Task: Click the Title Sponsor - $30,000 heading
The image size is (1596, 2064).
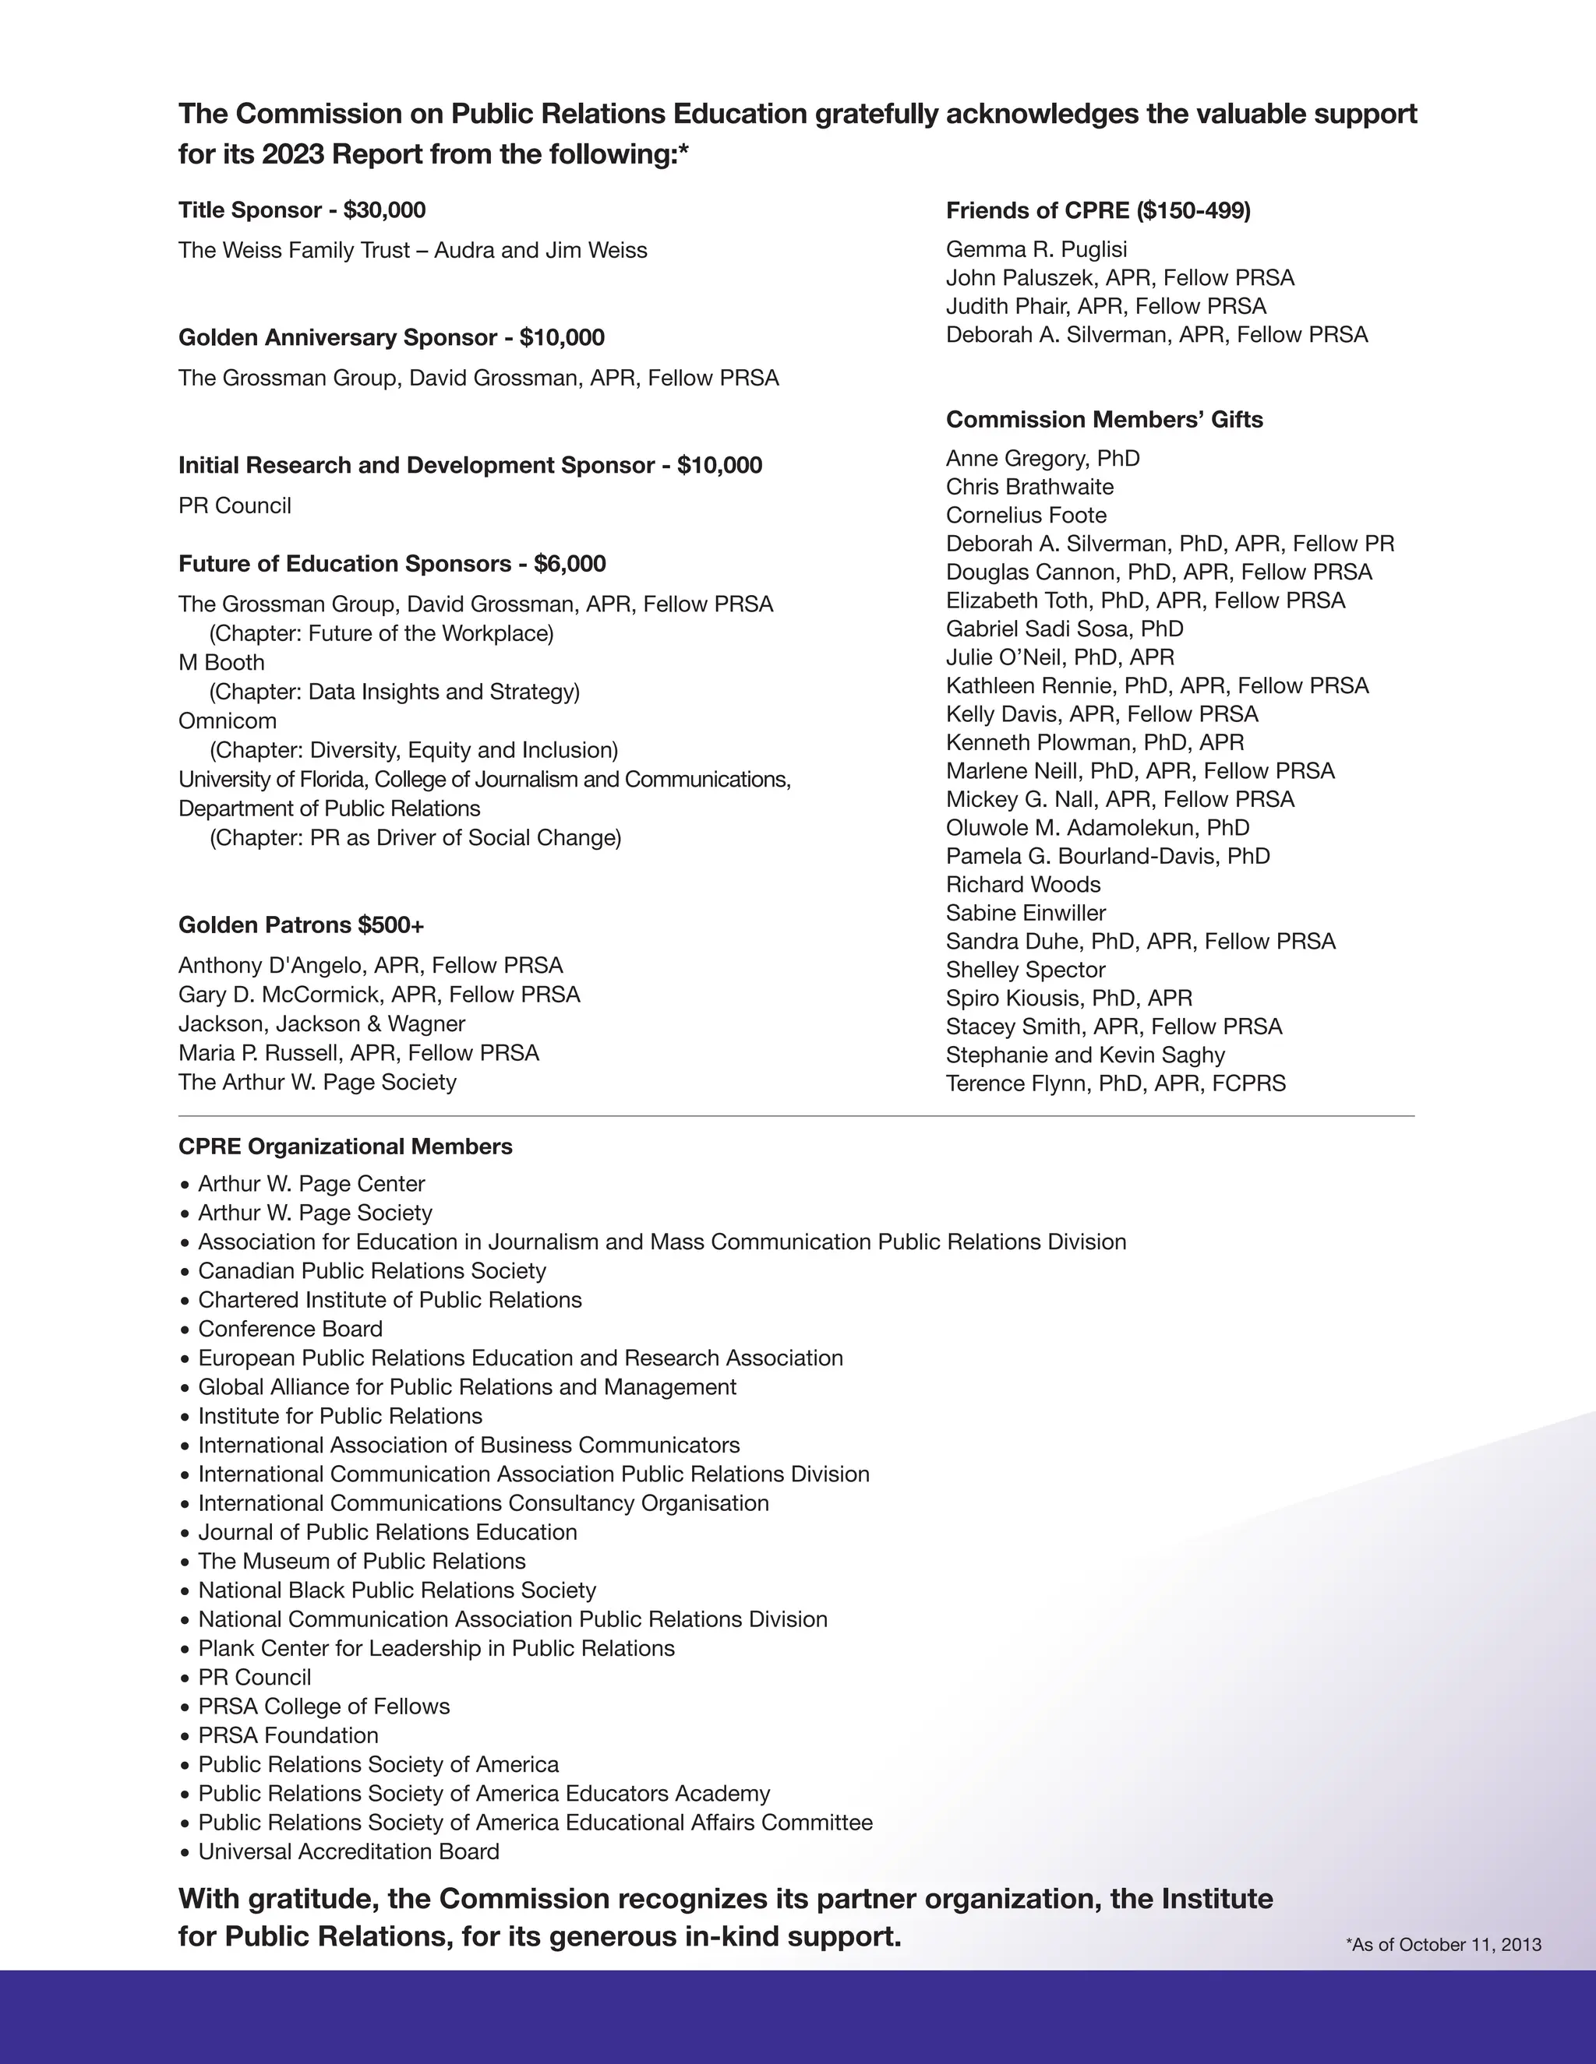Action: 302,210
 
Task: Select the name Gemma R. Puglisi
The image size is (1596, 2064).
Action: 1036,249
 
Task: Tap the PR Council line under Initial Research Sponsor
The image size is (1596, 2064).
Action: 235,505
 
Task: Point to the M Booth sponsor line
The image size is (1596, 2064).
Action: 221,663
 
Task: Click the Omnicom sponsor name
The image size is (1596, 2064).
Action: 228,721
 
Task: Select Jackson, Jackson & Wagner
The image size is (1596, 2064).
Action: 322,1023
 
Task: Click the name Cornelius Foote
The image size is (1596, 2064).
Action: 1026,515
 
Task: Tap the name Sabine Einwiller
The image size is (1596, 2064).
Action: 1026,913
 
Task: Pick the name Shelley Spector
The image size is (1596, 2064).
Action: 1026,970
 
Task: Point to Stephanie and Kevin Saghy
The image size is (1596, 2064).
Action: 1086,1055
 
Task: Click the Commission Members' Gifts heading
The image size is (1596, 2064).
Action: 1104,419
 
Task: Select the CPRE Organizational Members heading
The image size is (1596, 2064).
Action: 345,1146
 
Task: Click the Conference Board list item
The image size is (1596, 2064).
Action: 290,1329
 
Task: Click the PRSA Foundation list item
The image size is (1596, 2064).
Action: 288,1735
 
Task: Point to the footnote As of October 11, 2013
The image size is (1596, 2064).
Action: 1442,1944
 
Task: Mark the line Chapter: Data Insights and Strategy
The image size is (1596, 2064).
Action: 394,692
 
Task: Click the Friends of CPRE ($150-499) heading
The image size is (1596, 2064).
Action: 1098,210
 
